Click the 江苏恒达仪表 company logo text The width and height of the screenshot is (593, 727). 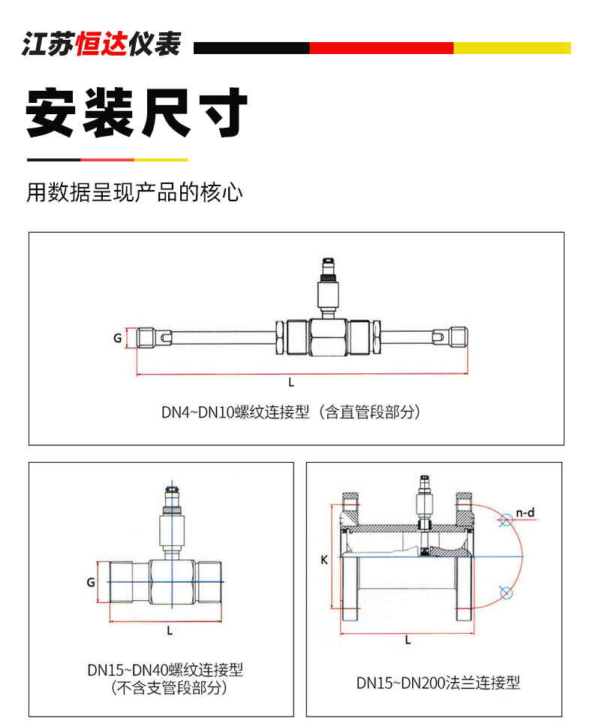(101, 44)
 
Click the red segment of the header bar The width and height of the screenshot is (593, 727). (381, 48)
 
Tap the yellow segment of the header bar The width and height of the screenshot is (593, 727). (512, 48)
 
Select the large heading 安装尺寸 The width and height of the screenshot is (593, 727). (137, 112)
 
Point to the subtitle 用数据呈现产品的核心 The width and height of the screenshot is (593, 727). (134, 192)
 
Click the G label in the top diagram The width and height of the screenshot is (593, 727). (118, 338)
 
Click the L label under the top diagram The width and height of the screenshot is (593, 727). (291, 382)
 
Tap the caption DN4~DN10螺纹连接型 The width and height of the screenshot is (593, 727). (235, 412)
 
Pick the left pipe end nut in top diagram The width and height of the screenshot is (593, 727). (146, 337)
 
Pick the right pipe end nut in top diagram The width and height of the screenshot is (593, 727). (459, 337)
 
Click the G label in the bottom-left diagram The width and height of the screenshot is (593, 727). (91, 582)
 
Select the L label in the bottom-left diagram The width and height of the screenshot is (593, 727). (170, 631)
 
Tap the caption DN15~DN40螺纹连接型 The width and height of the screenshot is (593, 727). (165, 670)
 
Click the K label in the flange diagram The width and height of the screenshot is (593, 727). (324, 560)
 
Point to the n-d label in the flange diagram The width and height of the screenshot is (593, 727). (525, 513)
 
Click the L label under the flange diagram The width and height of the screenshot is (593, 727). (408, 640)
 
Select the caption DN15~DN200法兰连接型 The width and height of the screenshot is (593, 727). (438, 683)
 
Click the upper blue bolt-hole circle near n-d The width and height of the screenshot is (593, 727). (506, 520)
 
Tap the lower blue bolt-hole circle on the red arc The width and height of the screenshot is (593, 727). (506, 593)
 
